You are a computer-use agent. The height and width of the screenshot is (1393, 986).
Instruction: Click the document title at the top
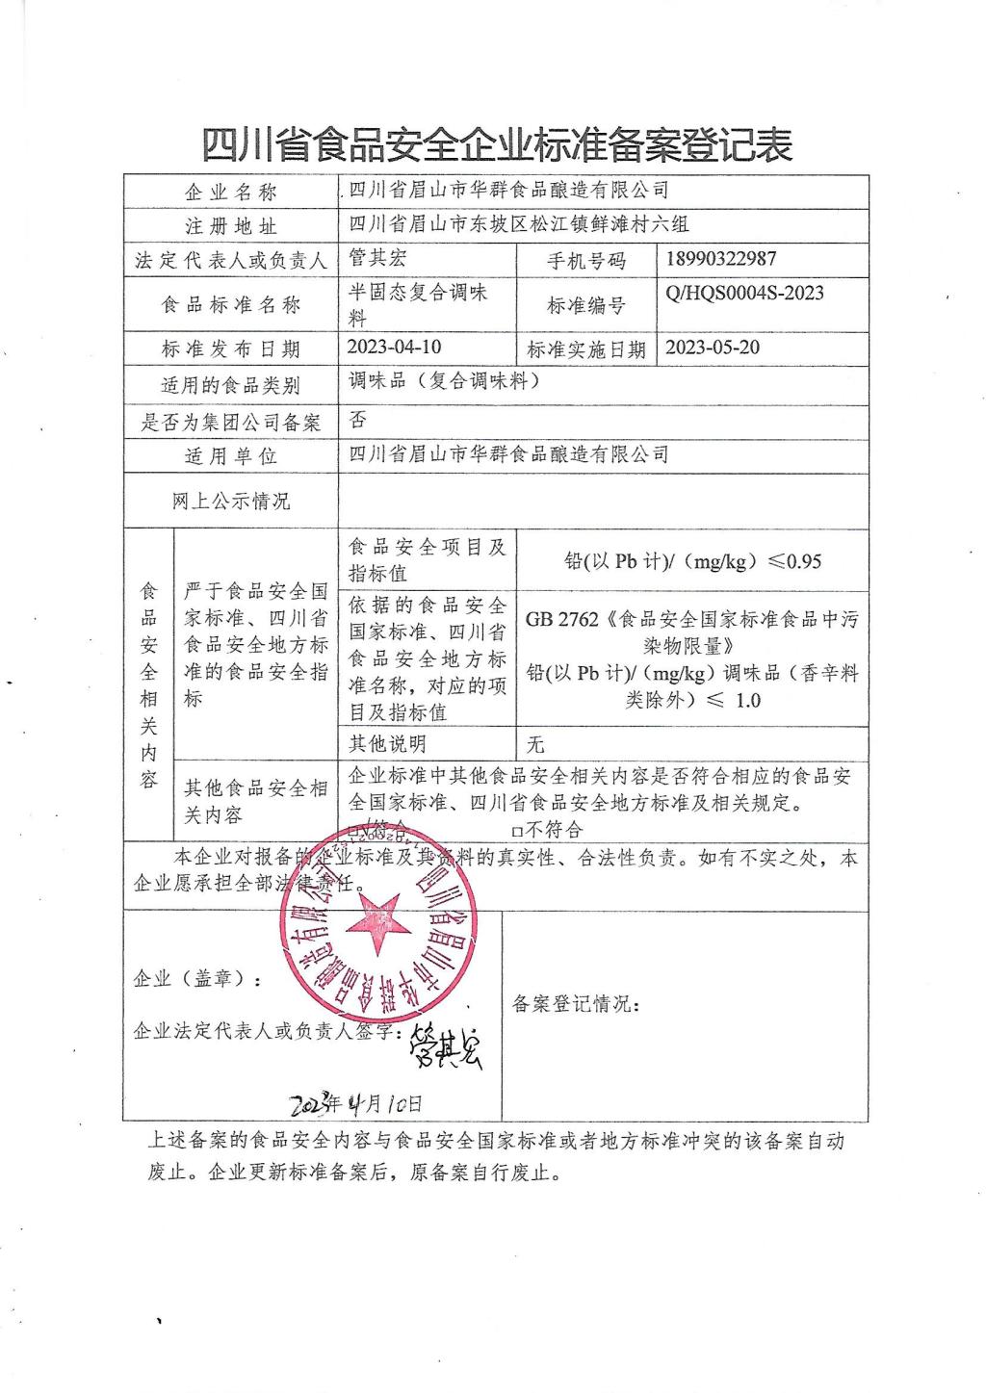tap(496, 144)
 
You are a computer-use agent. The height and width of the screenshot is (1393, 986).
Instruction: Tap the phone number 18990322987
tap(720, 258)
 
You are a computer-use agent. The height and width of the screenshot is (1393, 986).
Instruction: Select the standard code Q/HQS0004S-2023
tap(744, 293)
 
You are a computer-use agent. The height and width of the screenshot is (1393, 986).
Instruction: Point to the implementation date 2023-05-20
tap(713, 347)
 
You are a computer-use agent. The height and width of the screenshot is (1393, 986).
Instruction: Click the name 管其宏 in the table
tap(383, 258)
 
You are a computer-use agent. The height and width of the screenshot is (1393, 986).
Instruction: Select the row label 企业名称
tap(230, 193)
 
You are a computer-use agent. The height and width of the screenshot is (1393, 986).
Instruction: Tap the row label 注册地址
tap(230, 226)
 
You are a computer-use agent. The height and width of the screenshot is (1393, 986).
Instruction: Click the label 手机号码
tap(585, 260)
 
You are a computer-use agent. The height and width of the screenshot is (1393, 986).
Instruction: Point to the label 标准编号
tap(585, 305)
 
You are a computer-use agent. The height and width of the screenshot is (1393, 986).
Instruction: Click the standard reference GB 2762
tap(562, 619)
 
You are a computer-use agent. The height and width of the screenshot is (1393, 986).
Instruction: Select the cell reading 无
tap(536, 744)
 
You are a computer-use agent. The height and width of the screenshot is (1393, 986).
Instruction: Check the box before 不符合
tap(517, 830)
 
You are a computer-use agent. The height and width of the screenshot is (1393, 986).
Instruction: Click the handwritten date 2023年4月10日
tap(356, 1102)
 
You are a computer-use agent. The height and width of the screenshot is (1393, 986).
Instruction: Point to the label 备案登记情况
tap(575, 1003)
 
